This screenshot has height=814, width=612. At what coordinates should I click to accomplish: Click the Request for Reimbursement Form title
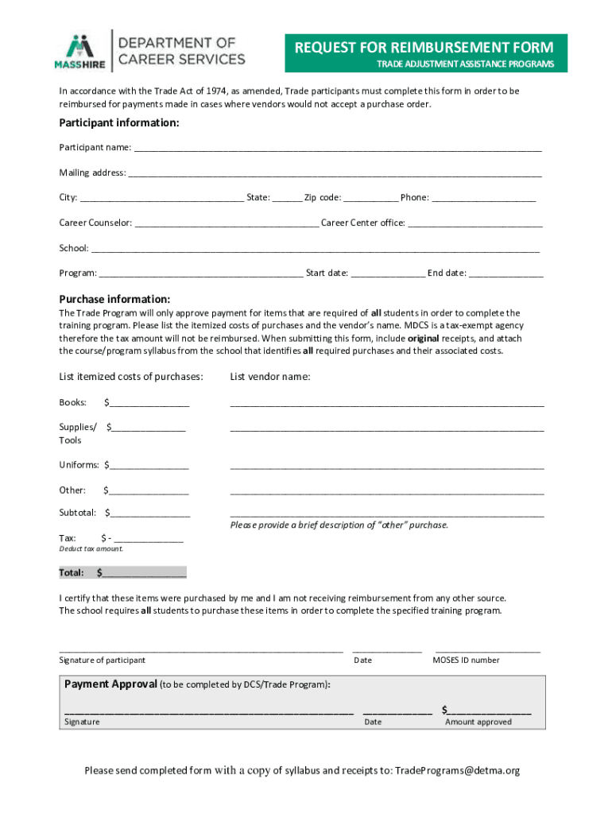coord(425,48)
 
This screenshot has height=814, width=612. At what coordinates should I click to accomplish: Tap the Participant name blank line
coord(338,148)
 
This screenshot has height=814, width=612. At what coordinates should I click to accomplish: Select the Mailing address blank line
coord(335,172)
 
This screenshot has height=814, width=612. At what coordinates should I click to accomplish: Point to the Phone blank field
coord(484,197)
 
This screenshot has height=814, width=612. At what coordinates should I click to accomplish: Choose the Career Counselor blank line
coord(227,223)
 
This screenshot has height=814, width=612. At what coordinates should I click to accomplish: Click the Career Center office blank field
coord(475,223)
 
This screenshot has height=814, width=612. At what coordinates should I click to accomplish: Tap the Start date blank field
coord(388,273)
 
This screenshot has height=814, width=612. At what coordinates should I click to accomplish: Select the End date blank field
coord(506,273)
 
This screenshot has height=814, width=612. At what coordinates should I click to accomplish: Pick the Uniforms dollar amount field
coord(149,465)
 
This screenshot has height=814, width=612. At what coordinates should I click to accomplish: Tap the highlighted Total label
coord(72,572)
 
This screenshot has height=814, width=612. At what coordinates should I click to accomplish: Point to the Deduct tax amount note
coord(91,549)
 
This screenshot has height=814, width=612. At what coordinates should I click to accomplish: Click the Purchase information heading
coord(114,299)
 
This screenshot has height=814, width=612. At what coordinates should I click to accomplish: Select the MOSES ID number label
coord(466,660)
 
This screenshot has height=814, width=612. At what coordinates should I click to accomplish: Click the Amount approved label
coord(478,722)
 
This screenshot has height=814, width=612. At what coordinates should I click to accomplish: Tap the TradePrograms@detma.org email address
coord(457,770)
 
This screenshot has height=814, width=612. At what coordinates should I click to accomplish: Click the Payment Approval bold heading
coord(110,684)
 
